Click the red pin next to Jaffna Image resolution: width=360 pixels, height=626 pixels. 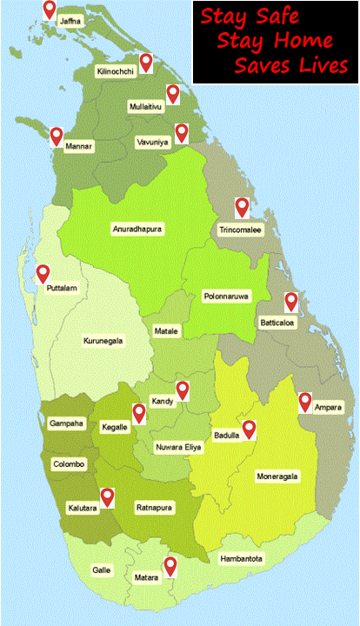[50, 10]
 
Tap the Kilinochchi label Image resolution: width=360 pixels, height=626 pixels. [116, 72]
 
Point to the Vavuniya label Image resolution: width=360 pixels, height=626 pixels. [152, 141]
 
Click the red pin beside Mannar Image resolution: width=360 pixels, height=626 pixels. [57, 136]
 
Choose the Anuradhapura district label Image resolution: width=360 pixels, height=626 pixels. [138, 229]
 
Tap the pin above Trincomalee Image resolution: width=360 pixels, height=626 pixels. [243, 207]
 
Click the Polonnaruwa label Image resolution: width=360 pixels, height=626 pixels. [226, 296]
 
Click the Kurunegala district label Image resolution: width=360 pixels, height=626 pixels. [103, 340]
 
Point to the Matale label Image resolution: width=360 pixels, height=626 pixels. [166, 331]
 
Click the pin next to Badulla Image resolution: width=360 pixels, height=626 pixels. [250, 428]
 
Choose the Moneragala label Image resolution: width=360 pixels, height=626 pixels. [277, 476]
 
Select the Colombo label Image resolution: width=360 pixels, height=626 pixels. [69, 464]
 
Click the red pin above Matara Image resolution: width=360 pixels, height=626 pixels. [170, 565]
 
